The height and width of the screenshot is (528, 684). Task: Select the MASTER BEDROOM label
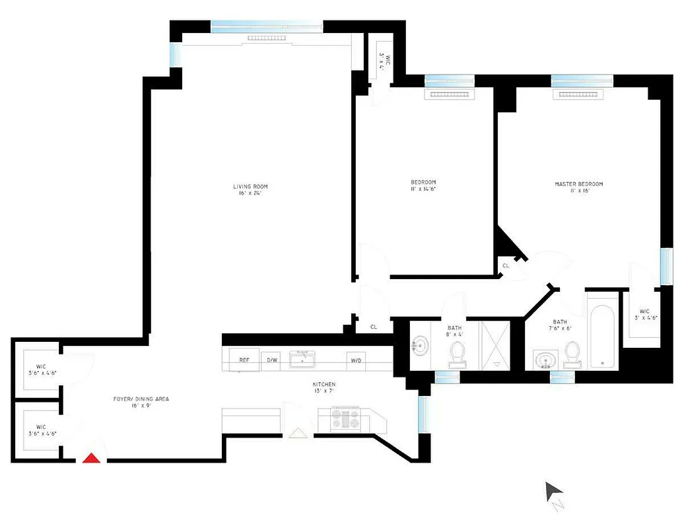(x=578, y=187)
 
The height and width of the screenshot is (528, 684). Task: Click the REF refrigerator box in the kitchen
(x=244, y=360)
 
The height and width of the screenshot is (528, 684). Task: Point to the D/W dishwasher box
(x=271, y=360)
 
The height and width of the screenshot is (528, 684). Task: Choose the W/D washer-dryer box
(x=356, y=360)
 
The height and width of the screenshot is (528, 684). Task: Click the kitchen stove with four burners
(x=345, y=420)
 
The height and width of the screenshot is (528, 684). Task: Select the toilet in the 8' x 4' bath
(x=456, y=355)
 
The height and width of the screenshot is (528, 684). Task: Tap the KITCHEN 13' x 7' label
(x=324, y=387)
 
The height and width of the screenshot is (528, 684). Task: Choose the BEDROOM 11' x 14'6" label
(x=423, y=185)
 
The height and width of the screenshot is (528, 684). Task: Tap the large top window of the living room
(x=267, y=26)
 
